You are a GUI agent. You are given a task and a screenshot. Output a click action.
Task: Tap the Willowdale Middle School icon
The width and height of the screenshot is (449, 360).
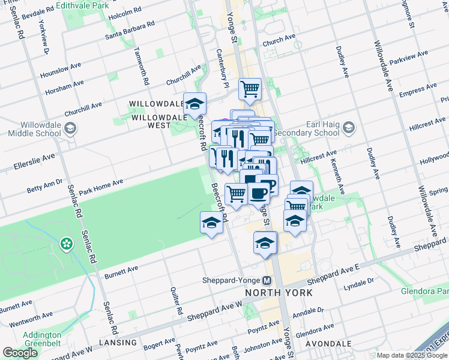click(71, 129)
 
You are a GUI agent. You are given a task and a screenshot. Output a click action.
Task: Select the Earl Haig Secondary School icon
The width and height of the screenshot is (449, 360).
click(349, 128)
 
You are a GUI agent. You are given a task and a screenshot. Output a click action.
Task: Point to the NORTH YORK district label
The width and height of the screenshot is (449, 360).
click(279, 293)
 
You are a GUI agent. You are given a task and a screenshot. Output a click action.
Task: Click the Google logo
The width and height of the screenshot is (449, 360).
click(20, 352)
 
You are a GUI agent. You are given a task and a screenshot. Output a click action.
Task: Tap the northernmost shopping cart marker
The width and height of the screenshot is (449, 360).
click(250, 89)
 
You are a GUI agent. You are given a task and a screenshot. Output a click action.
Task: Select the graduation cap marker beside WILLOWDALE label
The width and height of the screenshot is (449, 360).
click(194, 104)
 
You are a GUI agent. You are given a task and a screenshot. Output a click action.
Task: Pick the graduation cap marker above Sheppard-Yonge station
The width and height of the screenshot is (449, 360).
click(265, 244)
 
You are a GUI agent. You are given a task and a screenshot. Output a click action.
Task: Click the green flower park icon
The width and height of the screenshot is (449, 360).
click(66, 244)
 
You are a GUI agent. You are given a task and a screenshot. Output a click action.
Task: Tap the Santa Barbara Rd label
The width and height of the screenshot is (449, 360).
click(130, 31)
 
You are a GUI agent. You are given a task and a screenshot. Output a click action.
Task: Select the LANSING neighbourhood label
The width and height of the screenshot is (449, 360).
click(119, 343)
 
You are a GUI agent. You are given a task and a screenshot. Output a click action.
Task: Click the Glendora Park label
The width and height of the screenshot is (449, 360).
click(425, 292)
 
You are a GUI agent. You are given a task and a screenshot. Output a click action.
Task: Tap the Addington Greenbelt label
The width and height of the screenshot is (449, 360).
click(42, 339)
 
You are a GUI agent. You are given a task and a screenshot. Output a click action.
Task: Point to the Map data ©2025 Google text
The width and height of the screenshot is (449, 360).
click(412, 355)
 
